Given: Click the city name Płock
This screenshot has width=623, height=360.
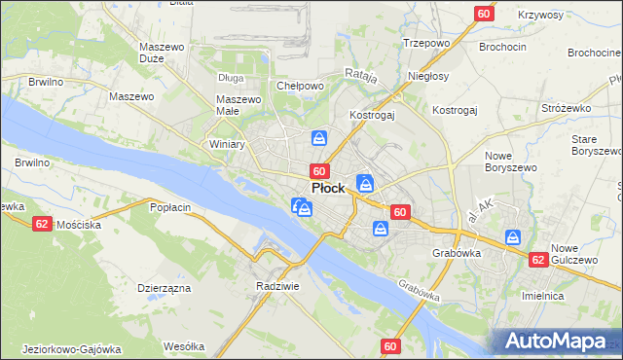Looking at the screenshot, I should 327,188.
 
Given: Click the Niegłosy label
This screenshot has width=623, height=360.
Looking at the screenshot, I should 429,75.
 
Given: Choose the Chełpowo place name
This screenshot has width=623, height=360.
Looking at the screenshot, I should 300,86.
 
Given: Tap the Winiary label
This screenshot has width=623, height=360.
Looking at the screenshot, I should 227,143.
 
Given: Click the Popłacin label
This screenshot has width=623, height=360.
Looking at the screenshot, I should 169,206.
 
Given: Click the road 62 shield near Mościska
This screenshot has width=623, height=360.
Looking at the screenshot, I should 41,223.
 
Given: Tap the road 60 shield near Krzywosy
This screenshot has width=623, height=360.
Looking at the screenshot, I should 485,13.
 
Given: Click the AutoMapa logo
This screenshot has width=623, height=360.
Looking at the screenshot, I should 559,342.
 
